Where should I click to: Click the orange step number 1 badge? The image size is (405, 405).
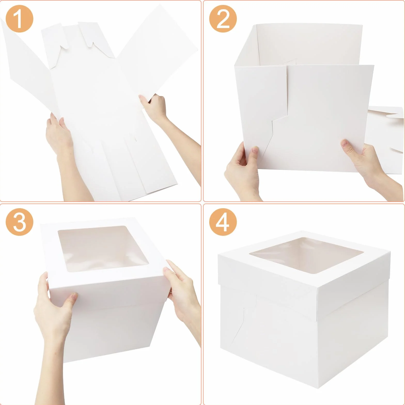pos(19,19)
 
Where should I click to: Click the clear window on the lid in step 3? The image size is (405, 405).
pos(103,248)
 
